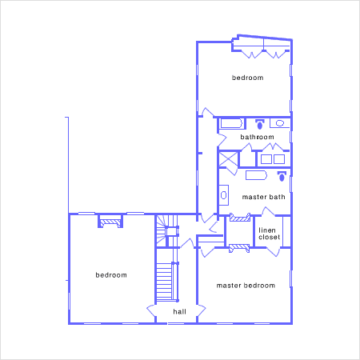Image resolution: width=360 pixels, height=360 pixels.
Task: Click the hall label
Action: tap(179, 311)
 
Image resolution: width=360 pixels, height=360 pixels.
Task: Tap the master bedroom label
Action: tap(246, 286)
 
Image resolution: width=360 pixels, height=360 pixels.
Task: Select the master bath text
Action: tap(263, 197)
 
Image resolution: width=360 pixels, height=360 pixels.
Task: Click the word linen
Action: tap(267, 230)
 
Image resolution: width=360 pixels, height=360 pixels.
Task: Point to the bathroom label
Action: tap(257, 137)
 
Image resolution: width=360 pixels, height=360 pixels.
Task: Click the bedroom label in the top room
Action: tap(247, 78)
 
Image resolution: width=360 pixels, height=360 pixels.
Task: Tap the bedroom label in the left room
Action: tap(111, 275)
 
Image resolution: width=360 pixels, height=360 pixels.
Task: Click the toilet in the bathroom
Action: tap(260, 124)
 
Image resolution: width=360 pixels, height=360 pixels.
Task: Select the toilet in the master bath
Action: tap(282, 177)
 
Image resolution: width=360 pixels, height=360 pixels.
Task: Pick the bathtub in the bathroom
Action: tap(231, 123)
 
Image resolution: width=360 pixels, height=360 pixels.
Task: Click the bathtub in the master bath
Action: tap(256, 175)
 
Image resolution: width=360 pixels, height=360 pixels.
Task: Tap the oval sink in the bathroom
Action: tap(280, 123)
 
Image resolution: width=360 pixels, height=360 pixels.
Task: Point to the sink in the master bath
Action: tap(224, 195)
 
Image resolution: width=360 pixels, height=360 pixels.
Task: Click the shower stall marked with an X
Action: tap(228, 159)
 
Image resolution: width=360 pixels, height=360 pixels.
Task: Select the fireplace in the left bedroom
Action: tap(110, 222)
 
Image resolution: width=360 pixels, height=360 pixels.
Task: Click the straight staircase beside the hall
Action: tap(164, 282)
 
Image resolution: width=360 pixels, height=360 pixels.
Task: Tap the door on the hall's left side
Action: tap(151, 310)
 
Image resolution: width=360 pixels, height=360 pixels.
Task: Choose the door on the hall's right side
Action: tap(202, 310)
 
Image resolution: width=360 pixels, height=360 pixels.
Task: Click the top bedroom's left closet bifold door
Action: tap(252, 54)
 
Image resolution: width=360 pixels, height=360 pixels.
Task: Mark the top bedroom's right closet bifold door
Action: tap(276, 54)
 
